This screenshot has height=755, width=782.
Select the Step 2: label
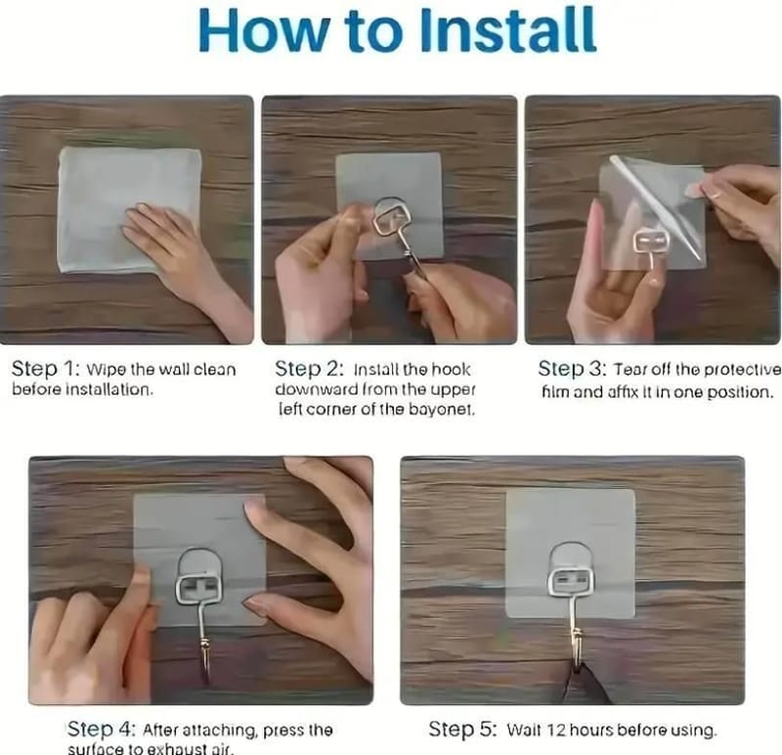pos(309,370)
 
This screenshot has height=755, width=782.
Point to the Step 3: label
pos(573,370)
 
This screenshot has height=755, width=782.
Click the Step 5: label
pos(463,730)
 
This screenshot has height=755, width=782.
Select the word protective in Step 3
pos(743,371)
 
